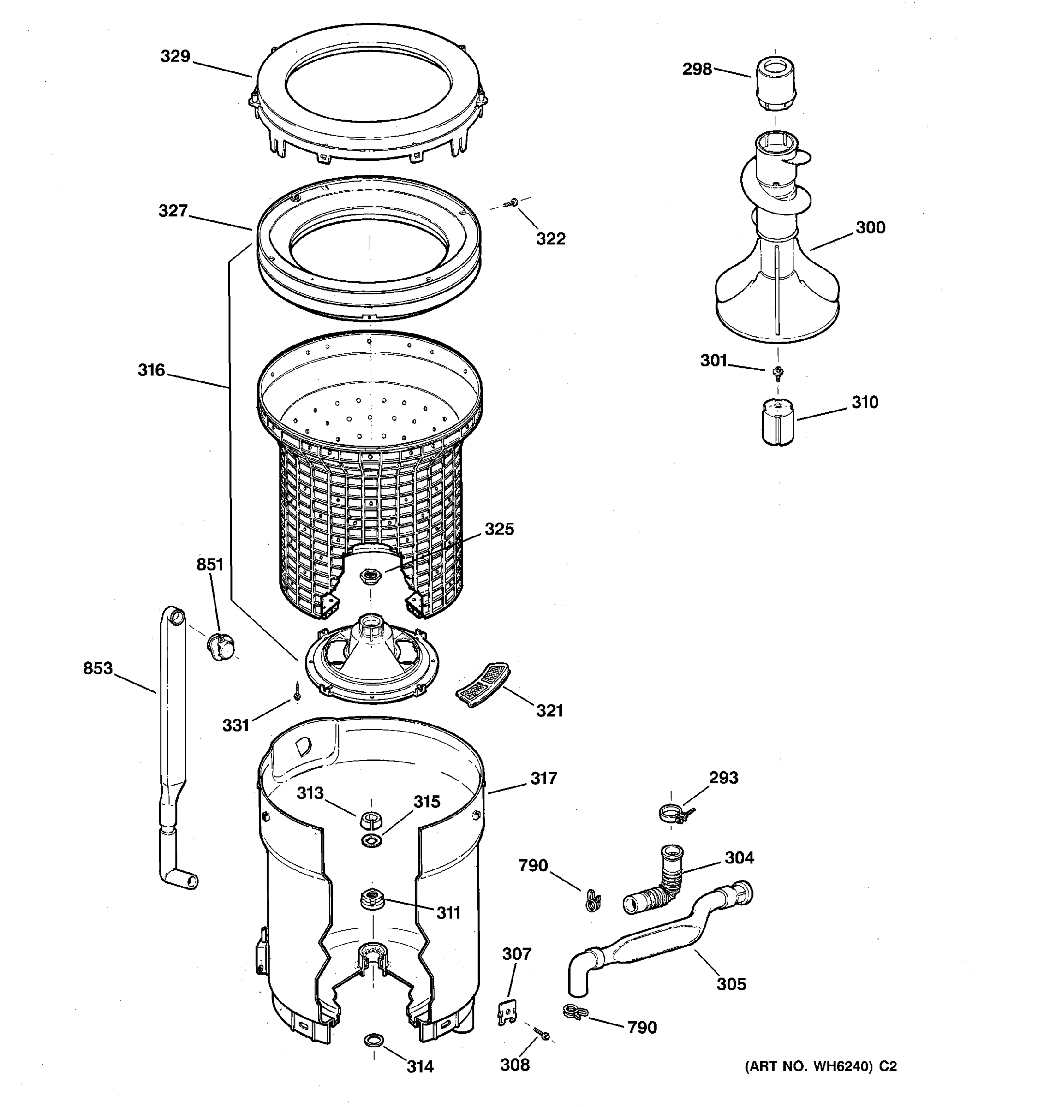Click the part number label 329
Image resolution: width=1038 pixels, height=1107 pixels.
tap(175, 56)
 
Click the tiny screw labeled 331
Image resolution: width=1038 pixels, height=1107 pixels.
tap(298, 692)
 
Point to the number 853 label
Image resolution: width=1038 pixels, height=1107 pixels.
tap(98, 668)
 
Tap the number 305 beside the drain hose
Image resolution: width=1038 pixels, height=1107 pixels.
tap(731, 984)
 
